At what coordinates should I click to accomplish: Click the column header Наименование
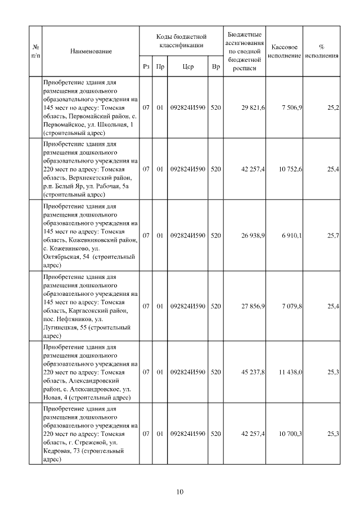tap(91, 51)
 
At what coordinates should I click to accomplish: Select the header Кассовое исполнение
tap(285, 51)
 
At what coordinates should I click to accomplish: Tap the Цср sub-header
tap(188, 66)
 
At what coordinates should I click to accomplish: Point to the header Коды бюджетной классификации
tap(181, 40)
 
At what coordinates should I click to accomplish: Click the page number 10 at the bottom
tap(180, 492)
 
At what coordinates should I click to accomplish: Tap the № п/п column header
tap(35, 51)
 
